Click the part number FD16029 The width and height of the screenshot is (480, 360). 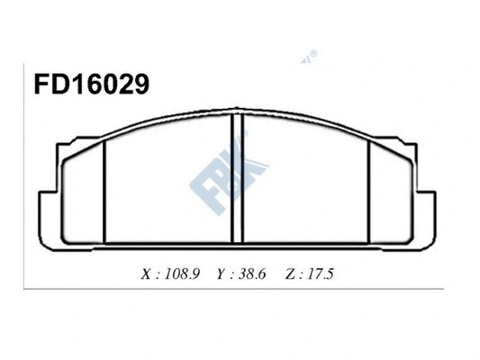78,85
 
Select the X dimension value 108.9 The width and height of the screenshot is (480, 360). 182,273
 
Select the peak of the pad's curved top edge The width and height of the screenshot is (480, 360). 239,114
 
